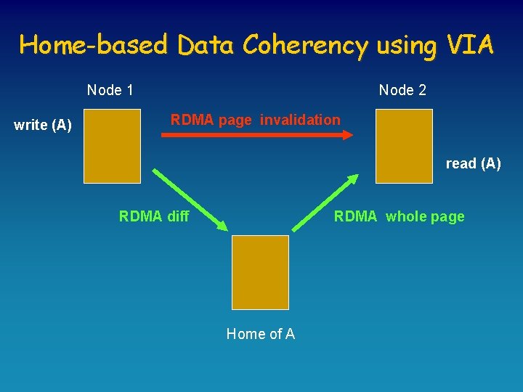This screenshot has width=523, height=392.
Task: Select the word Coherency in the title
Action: pyautogui.click(x=306, y=46)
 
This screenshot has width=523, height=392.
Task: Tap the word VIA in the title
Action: pyautogui.click(x=471, y=45)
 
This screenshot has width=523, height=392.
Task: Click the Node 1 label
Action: pyautogui.click(x=110, y=91)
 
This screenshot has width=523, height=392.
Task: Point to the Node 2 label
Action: pyautogui.click(x=402, y=91)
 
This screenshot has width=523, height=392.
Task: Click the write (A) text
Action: pyautogui.click(x=43, y=126)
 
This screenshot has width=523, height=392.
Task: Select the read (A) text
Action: pyautogui.click(x=473, y=164)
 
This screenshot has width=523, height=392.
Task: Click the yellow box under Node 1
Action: pyautogui.click(x=112, y=146)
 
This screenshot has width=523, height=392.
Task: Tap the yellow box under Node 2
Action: pyautogui.click(x=404, y=146)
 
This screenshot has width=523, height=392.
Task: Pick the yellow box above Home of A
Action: pyautogui.click(x=260, y=272)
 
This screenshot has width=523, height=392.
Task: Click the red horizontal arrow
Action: pyautogui.click(x=254, y=134)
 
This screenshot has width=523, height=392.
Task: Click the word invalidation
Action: pyautogui.click(x=300, y=120)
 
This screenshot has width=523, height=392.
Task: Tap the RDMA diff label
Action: pyautogui.click(x=153, y=216)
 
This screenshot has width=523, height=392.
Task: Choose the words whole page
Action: pyautogui.click(x=425, y=216)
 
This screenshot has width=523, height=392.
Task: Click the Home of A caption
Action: pyautogui.click(x=260, y=334)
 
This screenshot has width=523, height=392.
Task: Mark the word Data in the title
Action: pyautogui.click(x=206, y=46)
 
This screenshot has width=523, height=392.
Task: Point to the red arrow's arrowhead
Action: pyautogui.click(x=349, y=134)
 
